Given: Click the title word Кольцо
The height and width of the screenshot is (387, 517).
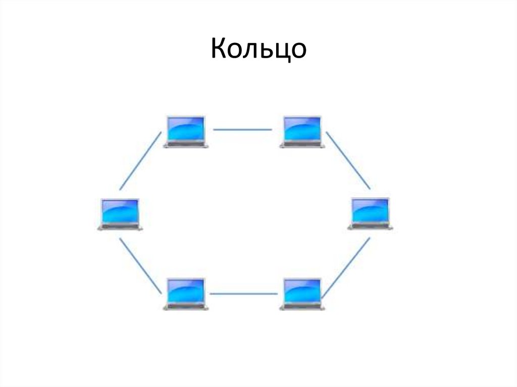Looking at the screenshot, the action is (x=258, y=49).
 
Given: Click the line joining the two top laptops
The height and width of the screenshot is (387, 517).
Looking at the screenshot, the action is (x=242, y=130).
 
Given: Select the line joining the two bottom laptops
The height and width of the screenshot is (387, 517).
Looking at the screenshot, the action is (x=244, y=293).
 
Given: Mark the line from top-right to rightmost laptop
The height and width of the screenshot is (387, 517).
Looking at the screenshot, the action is (x=348, y=161).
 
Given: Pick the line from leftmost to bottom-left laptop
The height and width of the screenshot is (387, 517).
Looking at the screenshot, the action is (x=141, y=266).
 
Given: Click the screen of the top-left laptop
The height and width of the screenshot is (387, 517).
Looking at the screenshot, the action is (x=186, y=129).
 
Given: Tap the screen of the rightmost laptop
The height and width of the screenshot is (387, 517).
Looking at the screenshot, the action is (x=370, y=211).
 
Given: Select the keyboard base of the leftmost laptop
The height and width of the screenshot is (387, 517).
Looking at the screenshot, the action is (x=120, y=228).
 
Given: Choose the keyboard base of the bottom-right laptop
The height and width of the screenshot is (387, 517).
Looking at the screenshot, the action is (x=302, y=307).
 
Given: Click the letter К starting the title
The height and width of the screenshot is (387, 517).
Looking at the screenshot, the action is (x=218, y=49).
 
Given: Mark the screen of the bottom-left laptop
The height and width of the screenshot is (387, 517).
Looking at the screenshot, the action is (x=186, y=291).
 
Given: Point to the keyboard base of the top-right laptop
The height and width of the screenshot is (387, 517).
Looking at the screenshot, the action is (x=302, y=145).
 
